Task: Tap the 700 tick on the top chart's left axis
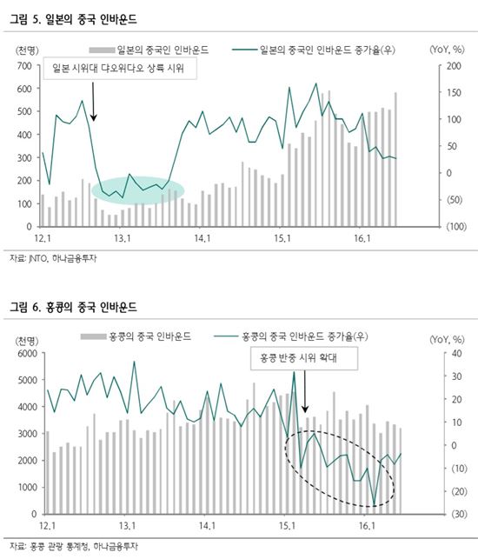[x=25, y=66]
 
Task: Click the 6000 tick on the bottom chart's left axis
[x=23, y=354]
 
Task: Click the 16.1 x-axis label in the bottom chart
[x=366, y=525]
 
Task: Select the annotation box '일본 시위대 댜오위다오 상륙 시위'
[x=119, y=68]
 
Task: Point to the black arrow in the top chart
[x=94, y=103]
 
